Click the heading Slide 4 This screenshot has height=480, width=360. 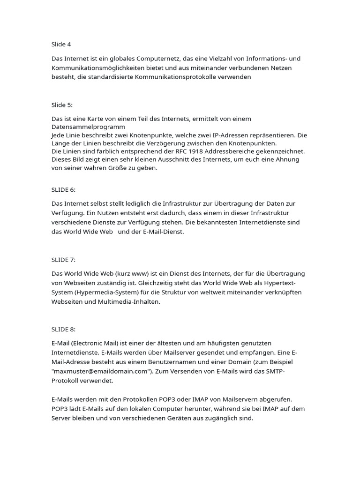(61, 45)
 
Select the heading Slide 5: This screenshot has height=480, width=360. (62, 105)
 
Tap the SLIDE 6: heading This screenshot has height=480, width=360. (63, 189)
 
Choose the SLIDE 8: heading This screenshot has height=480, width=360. (63, 329)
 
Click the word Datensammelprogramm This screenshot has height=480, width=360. (88, 127)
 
